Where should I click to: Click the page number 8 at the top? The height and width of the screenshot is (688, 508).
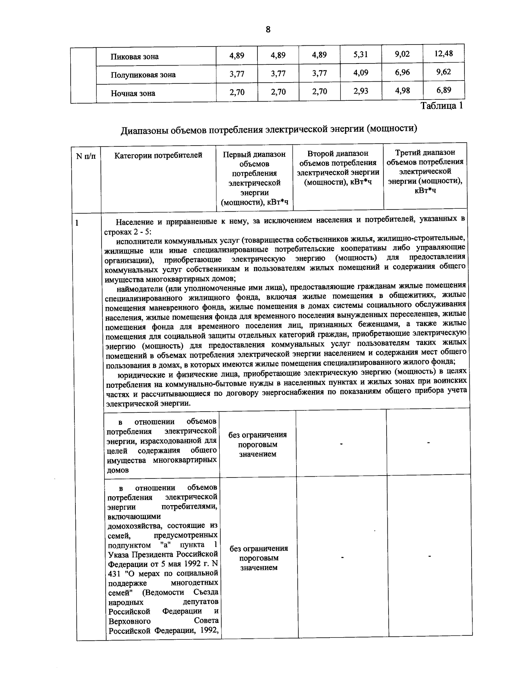pos(268,29)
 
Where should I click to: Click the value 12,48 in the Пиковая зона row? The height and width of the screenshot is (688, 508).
pos(444,53)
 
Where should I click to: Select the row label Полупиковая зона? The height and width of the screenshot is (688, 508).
pos(143,75)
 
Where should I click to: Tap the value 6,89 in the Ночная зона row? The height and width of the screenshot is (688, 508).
pos(444,90)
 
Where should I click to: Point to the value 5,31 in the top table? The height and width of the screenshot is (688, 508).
pos(361,54)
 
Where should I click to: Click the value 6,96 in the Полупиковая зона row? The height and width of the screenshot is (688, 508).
pos(402,72)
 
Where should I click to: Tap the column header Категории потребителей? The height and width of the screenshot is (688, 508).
pos(158,155)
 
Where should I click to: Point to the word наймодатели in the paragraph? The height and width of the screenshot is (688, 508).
pos(139,289)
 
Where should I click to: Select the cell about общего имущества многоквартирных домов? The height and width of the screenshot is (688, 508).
pos(162,445)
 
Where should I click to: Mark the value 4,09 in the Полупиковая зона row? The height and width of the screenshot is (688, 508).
pos(361,72)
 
